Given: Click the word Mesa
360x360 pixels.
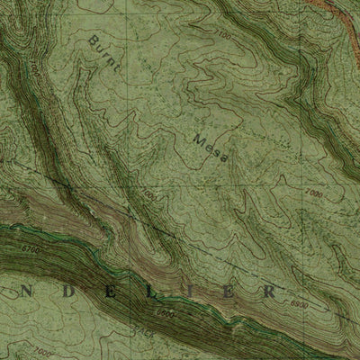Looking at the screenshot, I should click(208, 148).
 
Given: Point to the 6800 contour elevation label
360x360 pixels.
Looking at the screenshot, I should click(165, 314).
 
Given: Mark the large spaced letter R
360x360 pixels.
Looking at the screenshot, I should click(270, 292).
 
